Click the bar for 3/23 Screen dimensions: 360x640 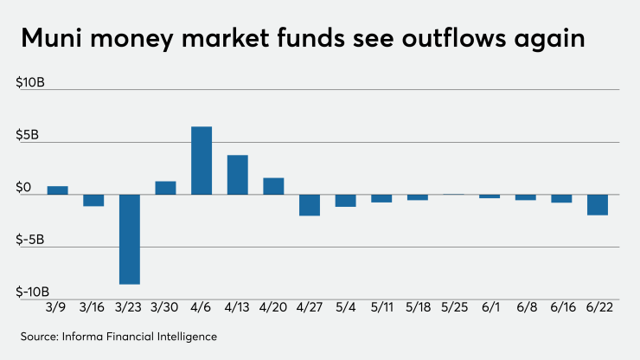point(130,239)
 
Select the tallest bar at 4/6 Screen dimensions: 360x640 point(202,160)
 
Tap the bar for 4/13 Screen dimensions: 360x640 point(238,174)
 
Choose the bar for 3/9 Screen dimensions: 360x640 point(57,190)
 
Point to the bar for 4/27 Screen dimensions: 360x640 point(310,205)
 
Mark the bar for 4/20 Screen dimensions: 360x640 point(273,186)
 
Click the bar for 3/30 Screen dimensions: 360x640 point(165,188)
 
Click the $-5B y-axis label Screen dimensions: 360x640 point(33,239)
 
